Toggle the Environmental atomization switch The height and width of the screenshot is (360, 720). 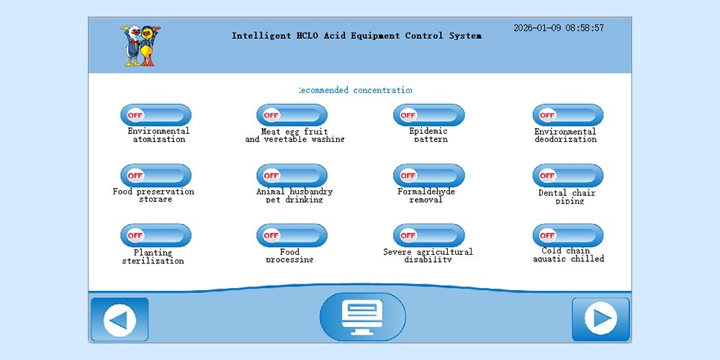point(156,115)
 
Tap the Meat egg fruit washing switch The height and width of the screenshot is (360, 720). point(292,115)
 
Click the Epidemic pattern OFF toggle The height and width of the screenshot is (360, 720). point(428,115)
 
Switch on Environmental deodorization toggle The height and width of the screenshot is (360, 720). point(567,115)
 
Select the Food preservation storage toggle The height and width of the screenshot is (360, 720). point(156,175)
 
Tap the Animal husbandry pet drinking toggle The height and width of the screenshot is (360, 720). point(292,175)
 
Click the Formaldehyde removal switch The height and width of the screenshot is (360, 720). point(428,175)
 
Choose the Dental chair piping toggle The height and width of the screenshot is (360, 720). point(567,175)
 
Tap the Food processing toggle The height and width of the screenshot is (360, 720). point(292,235)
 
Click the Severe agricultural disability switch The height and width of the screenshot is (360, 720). point(428,235)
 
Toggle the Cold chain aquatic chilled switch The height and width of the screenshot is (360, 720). point(567,235)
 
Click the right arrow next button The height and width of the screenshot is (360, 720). point(600,319)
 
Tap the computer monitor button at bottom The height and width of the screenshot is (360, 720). point(363,317)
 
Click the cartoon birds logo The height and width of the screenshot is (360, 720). point(140,46)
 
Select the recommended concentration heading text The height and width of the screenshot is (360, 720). point(355,90)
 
